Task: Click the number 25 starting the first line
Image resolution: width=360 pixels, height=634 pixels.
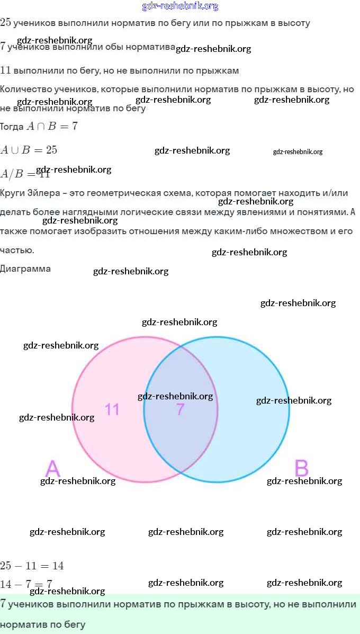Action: pos(5,22)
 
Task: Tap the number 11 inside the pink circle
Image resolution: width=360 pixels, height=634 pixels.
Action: pos(112,409)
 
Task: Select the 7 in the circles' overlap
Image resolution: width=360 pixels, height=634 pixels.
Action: pos(181,409)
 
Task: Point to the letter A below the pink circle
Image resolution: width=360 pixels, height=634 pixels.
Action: pos(53,469)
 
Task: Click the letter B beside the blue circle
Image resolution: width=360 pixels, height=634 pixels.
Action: pos(301,469)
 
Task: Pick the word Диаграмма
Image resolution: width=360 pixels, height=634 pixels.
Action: pos(25,269)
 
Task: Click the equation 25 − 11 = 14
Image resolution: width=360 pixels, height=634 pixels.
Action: pos(32,566)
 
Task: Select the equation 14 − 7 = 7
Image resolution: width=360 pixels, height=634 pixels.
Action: pos(26,584)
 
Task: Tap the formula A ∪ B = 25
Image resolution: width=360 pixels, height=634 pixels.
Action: pos(29,150)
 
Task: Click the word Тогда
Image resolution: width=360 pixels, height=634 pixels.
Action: pos(12,127)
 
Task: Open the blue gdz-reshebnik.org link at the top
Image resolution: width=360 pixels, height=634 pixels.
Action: pos(180,6)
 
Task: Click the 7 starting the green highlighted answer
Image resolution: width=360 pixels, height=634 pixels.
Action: pos(3,604)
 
